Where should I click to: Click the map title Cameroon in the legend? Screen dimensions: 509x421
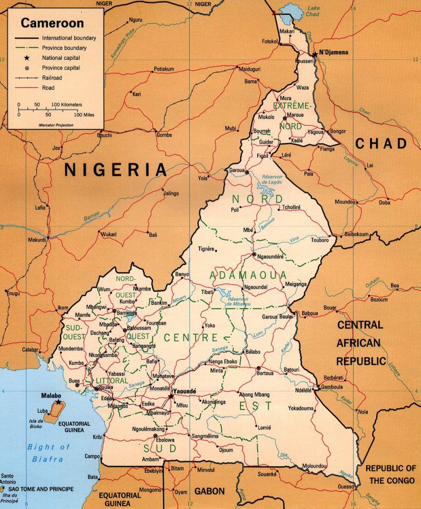[53, 24]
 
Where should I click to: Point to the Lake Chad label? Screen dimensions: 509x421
[313, 12]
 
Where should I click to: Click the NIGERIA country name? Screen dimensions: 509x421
[116, 169]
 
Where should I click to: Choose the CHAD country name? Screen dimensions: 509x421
[382, 144]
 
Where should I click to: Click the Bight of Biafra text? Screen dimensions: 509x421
[49, 453]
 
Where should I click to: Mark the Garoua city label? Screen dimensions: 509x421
[236, 170]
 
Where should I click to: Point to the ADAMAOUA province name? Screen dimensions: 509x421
[249, 275]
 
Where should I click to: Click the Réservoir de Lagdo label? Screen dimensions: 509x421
[265, 179]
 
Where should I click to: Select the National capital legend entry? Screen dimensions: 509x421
[60, 58]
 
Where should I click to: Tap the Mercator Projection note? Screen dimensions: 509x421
[56, 125]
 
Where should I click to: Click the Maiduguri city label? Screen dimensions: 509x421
[249, 69]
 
